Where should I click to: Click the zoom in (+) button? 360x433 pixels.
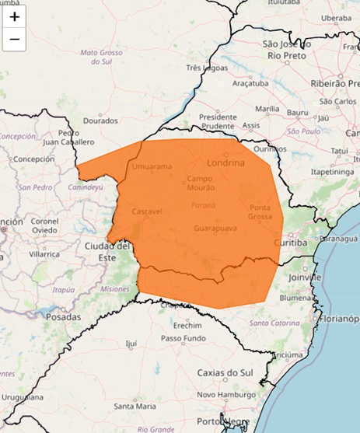click(14, 16)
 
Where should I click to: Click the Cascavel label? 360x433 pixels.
click(147, 211)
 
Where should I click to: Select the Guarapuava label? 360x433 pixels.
click(214, 229)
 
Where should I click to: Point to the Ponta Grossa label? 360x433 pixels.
click(260, 212)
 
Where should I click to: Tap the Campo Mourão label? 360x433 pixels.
click(204, 183)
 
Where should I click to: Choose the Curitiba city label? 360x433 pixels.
click(291, 243)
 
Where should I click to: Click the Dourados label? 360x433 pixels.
click(100, 120)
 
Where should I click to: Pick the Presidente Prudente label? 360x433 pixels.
click(218, 120)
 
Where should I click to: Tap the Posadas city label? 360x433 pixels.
click(63, 317)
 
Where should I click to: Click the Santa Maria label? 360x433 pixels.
click(135, 406)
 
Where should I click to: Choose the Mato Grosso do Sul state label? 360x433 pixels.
click(103, 57)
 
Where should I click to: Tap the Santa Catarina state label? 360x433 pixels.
click(270, 322)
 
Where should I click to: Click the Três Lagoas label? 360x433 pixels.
click(204, 68)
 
